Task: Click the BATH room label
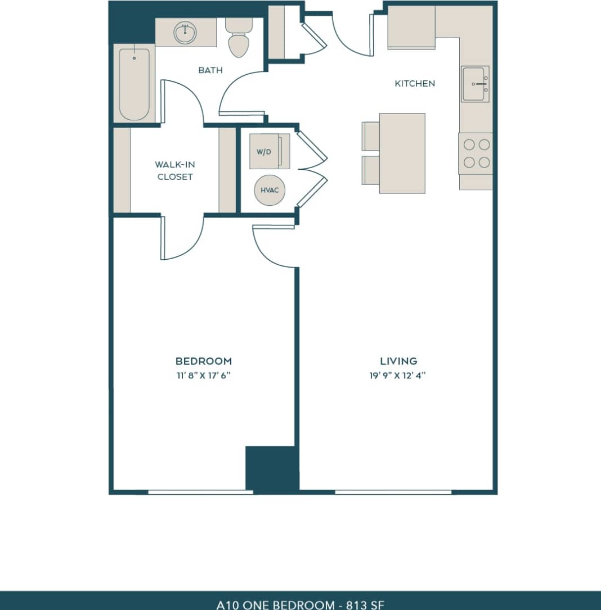(x=210, y=70)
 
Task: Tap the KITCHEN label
(x=415, y=83)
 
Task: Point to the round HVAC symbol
(x=270, y=190)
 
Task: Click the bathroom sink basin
(x=184, y=33)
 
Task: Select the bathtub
(x=134, y=84)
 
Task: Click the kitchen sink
(x=475, y=84)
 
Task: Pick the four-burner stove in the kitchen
(x=476, y=153)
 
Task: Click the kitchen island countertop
(x=402, y=153)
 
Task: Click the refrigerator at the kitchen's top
(x=411, y=28)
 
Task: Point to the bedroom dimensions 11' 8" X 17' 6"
(x=203, y=375)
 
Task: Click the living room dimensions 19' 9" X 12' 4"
(x=398, y=375)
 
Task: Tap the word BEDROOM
(x=203, y=361)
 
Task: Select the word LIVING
(x=398, y=361)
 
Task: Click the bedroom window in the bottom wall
(x=200, y=492)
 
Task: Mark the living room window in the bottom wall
(x=393, y=492)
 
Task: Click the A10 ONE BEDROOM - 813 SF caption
(x=300, y=604)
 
